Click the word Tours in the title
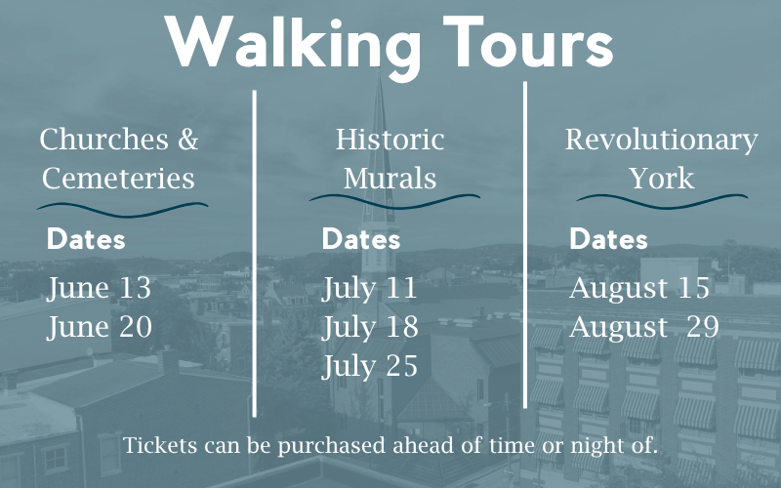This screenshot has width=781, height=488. (528, 42)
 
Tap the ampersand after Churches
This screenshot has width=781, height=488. (187, 140)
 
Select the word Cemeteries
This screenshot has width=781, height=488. (118, 179)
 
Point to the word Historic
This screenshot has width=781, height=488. (390, 139)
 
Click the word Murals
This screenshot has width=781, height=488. (390, 179)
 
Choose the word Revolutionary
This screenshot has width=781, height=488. (662, 141)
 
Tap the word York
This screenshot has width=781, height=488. (662, 179)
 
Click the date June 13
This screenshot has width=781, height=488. (99, 289)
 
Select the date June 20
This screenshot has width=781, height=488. (100, 328)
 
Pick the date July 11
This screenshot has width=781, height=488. (369, 289)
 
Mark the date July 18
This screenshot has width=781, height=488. (370, 328)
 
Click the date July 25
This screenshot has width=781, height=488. (370, 368)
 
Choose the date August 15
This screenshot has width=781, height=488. (639, 289)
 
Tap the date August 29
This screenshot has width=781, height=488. (644, 328)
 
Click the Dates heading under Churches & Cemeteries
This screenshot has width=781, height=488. (86, 239)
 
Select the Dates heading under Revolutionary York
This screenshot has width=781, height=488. (608, 239)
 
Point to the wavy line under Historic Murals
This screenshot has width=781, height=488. (394, 202)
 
